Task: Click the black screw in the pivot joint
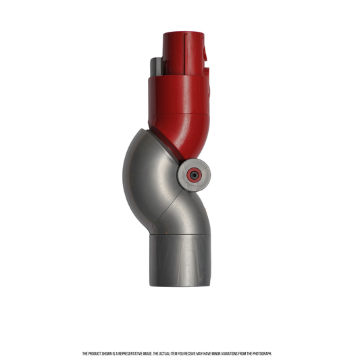195,175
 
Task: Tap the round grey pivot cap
194,175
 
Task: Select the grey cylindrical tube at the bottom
180,260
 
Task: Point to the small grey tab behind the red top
156,67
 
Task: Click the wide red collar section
178,95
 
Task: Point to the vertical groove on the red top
185,54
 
